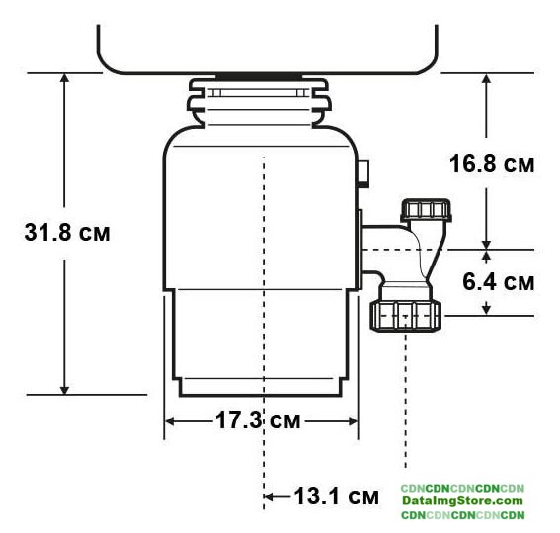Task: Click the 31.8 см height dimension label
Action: [67, 232]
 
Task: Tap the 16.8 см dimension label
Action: [492, 164]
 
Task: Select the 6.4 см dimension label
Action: [498, 281]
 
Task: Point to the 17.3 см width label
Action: [258, 419]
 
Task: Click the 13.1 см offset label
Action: [336, 495]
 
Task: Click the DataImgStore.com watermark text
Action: [462, 500]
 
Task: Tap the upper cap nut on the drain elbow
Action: [426, 210]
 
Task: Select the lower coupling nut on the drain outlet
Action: [406, 316]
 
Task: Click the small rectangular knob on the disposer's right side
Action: [363, 174]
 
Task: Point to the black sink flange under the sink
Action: [259, 76]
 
